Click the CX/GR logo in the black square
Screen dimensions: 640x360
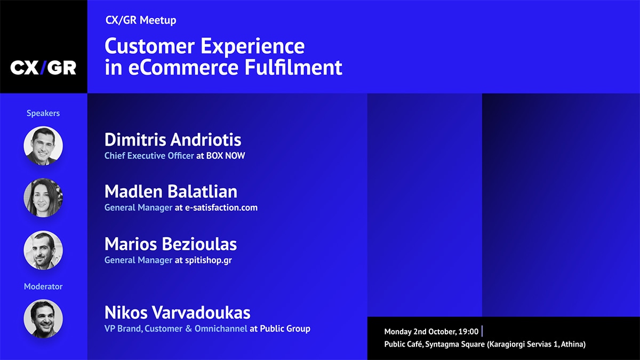pyautogui.click(x=43, y=68)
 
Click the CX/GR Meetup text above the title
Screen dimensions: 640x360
pyautogui.click(x=141, y=20)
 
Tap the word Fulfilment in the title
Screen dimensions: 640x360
pyautogui.click(x=293, y=67)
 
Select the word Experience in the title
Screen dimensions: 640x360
pyautogui.click(x=253, y=46)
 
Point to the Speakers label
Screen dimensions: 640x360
pyautogui.click(x=43, y=113)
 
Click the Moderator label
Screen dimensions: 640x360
pyautogui.click(x=43, y=286)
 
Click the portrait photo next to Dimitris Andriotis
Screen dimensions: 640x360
pyautogui.click(x=43, y=146)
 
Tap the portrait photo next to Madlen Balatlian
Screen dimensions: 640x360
pyautogui.click(x=43, y=198)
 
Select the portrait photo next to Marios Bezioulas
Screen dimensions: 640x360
pyautogui.click(x=43, y=250)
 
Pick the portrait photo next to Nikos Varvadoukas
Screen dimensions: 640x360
pyautogui.click(x=43, y=319)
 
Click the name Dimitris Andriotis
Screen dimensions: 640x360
pyautogui.click(x=173, y=139)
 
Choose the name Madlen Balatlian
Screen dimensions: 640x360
pyautogui.click(x=171, y=191)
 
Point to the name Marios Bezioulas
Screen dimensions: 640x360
pyautogui.click(x=171, y=244)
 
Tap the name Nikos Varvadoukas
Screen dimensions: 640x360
pyautogui.click(x=178, y=313)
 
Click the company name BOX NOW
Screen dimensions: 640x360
pyautogui.click(x=226, y=156)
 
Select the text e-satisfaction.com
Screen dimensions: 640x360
pyautogui.click(x=221, y=207)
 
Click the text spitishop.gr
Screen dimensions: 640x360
pyautogui.click(x=209, y=260)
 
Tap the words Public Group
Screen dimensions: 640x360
pyautogui.click(x=285, y=329)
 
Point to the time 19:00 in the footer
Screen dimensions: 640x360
pyautogui.click(x=468, y=331)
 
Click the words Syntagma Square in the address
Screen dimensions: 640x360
pyautogui.click(x=455, y=345)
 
